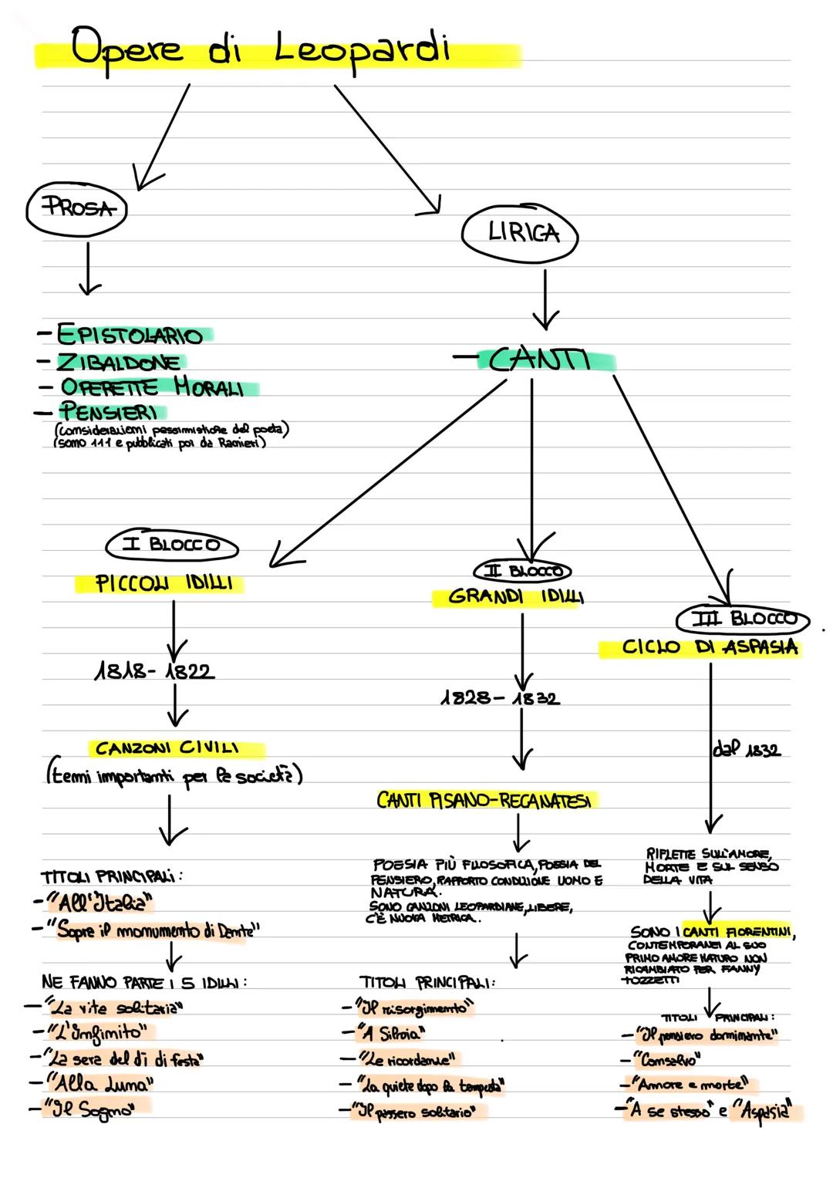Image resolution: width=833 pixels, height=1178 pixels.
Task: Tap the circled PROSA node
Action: pos(76,208)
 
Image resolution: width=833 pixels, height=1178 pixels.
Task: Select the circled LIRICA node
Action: pos(521,232)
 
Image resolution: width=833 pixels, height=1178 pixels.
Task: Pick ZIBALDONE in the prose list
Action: pos(119,361)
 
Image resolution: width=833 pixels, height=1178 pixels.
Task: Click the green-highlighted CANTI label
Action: pos(540,360)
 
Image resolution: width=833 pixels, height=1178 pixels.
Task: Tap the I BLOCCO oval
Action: pos(172,545)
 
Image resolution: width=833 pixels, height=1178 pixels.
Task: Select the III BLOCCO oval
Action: pos(743,619)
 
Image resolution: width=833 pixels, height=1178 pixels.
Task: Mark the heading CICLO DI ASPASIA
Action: pos(700,647)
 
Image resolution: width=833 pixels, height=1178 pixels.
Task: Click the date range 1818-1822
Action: pos(154,671)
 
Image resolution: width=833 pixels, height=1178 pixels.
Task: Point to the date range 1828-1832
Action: pos(501,698)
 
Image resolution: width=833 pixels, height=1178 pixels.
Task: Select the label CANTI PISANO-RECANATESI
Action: pos(487,801)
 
